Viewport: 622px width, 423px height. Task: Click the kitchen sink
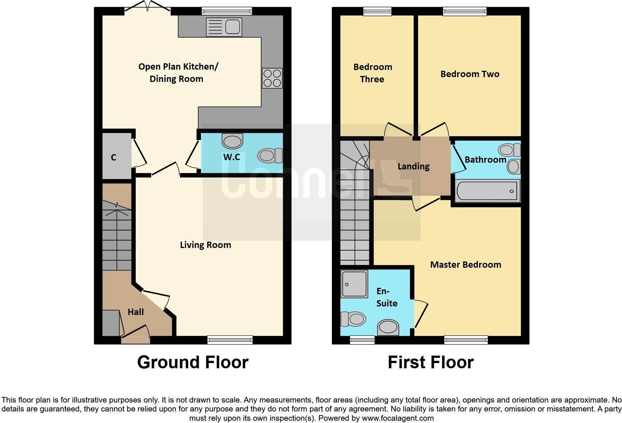click(224, 27)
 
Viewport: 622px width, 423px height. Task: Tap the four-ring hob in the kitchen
click(272, 78)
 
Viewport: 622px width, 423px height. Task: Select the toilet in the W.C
click(270, 155)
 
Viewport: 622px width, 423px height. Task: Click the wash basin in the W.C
click(233, 141)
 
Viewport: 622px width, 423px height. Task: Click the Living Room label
click(205, 245)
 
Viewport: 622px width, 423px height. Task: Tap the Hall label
click(135, 312)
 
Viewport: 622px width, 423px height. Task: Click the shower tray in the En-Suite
click(355, 283)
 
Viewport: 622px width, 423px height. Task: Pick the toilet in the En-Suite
click(353, 319)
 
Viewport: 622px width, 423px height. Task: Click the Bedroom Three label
click(372, 73)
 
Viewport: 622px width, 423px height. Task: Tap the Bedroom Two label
click(469, 74)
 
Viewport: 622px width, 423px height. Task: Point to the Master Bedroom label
click(465, 265)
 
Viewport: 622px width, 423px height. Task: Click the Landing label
click(413, 166)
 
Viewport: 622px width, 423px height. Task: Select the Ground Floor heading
click(193, 362)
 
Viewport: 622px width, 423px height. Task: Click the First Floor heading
click(430, 362)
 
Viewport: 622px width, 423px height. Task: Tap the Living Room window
click(230, 339)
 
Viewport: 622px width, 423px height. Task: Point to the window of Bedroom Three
click(377, 12)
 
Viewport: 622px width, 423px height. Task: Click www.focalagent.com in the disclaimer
click(398, 418)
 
